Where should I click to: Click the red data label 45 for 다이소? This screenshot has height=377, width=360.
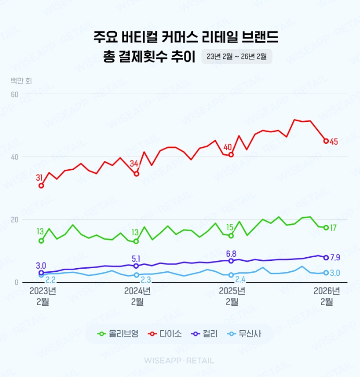pyautogui.click(x=334, y=141)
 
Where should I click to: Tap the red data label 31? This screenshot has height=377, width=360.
pyautogui.click(x=40, y=178)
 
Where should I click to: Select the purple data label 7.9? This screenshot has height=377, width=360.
pyautogui.click(x=336, y=257)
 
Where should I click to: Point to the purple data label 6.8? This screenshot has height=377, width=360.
pyautogui.click(x=231, y=253)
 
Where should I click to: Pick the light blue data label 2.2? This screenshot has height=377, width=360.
pyautogui.click(x=51, y=280)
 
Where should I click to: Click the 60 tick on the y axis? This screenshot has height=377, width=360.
pyautogui.click(x=15, y=94)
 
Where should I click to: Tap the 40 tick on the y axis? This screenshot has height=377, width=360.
pyautogui.click(x=15, y=157)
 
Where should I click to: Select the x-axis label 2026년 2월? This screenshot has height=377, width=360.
pyautogui.click(x=326, y=296)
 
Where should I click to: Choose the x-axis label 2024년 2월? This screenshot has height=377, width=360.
pyautogui.click(x=136, y=296)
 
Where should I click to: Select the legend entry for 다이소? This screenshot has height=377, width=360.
pyautogui.click(x=166, y=334)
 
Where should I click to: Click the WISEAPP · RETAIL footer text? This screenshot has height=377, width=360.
pyautogui.click(x=179, y=360)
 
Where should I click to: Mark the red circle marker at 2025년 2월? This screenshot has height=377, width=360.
pyautogui.click(x=231, y=155)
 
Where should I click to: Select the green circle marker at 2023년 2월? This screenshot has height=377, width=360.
pyautogui.click(x=41, y=241)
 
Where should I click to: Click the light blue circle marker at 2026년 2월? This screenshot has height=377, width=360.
pyautogui.click(x=326, y=273)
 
